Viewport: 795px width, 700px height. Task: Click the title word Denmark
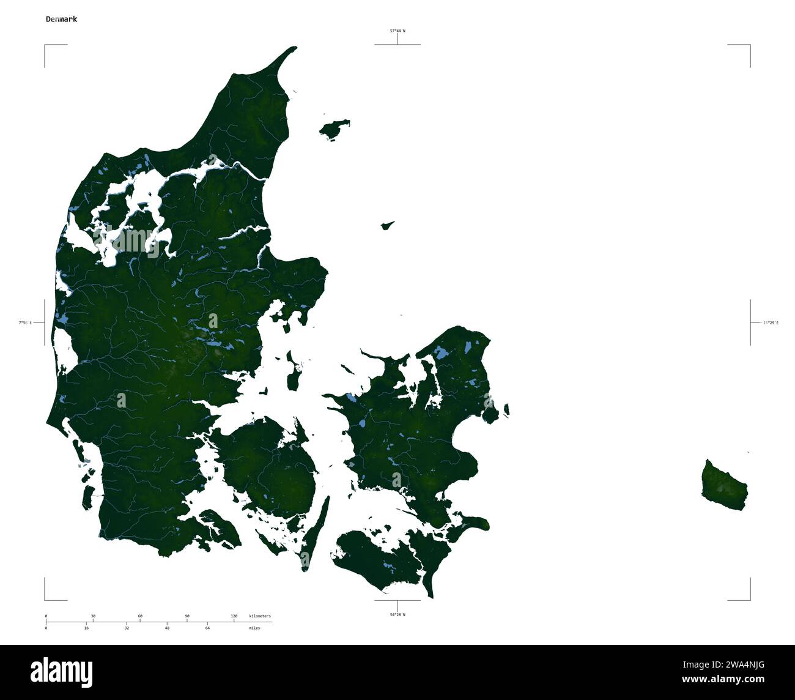[61, 19]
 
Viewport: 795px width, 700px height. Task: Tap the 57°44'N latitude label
[398, 30]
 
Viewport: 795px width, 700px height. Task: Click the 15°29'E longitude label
[771, 322]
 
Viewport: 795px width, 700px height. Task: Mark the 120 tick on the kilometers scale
[234, 616]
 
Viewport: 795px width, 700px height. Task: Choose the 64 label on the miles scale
[207, 628]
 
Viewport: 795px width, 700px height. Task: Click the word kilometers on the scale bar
[259, 616]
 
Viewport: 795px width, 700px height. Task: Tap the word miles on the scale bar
[254, 628]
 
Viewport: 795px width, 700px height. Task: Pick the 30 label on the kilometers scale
[93, 616]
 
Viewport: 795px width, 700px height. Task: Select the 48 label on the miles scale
[167, 628]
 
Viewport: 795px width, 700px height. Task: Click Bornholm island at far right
[725, 486]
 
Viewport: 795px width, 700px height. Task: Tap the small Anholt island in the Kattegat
[387, 226]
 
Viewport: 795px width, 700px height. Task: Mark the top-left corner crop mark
[45, 45]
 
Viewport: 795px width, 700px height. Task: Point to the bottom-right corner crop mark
[750, 600]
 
